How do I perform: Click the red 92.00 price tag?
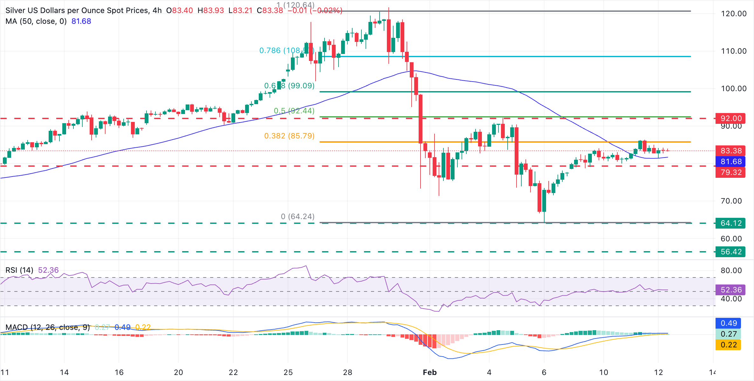point(730,118)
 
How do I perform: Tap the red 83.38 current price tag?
point(730,151)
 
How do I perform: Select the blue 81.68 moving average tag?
point(730,162)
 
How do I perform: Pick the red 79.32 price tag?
point(730,172)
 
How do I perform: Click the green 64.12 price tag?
point(730,223)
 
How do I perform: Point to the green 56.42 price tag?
point(730,252)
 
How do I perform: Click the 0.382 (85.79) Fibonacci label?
point(289,136)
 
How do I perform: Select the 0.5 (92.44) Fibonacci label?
point(294,111)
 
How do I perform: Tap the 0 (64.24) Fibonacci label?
point(298,217)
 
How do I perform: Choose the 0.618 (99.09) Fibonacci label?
point(289,86)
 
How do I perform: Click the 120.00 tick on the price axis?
point(734,14)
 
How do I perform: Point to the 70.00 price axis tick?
point(731,201)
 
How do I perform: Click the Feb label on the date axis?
point(430,372)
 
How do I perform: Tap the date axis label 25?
point(288,372)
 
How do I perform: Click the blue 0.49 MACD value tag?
point(729,323)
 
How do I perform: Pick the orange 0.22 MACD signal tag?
point(729,345)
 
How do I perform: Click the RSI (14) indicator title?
point(19,270)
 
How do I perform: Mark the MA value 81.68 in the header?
point(81,21)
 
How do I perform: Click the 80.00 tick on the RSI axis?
point(731,271)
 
